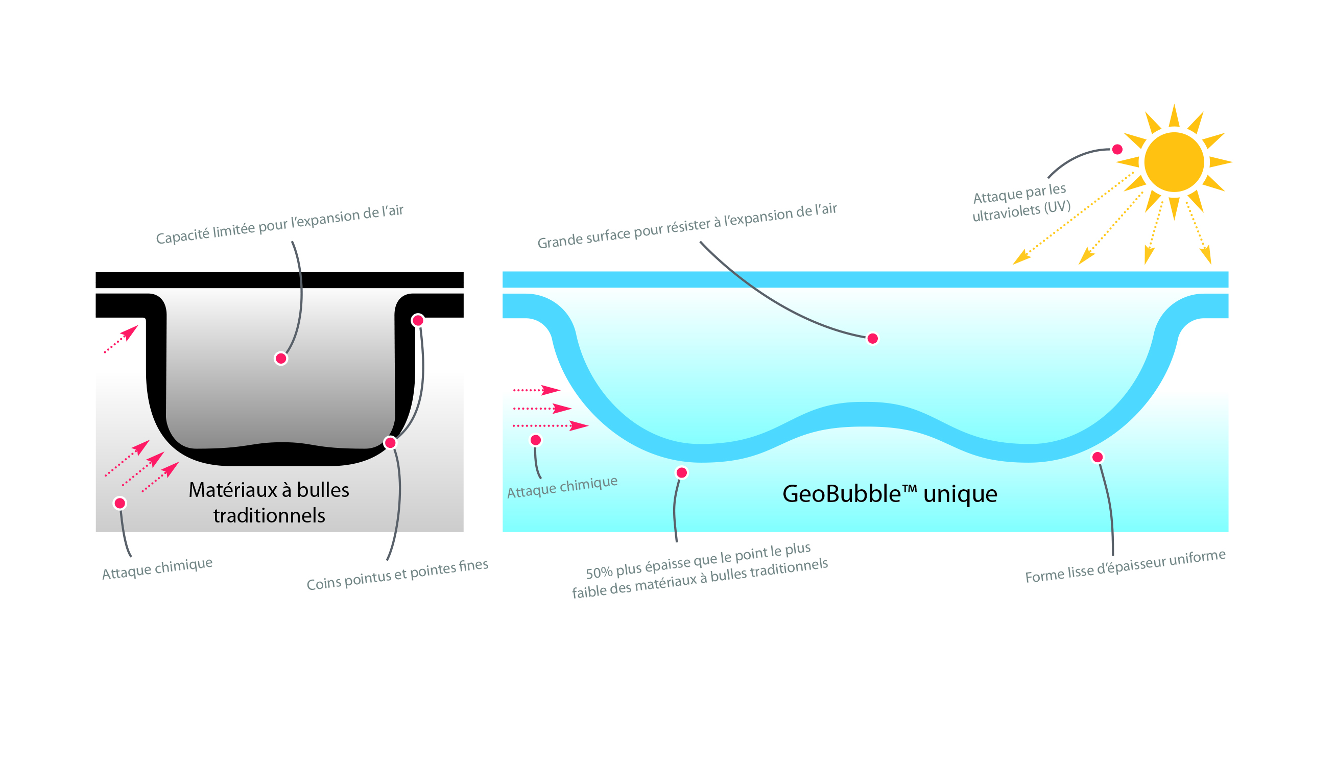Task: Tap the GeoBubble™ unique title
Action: (889, 493)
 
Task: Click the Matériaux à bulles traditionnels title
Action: (269, 503)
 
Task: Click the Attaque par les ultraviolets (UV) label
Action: (1020, 202)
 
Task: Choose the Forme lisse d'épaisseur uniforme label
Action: (1125, 566)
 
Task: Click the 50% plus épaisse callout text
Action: (699, 570)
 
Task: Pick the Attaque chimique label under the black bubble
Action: (157, 568)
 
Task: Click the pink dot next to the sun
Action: (1117, 149)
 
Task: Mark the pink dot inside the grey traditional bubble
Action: (280, 359)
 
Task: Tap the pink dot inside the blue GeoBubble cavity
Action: (872, 339)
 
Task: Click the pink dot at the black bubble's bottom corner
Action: (390, 443)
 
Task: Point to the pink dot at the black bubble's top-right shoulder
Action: (417, 320)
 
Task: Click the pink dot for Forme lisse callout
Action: (1097, 458)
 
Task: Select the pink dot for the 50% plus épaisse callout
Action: (681, 473)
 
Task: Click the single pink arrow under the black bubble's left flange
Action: (121, 339)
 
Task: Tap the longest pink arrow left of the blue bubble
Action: (550, 425)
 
